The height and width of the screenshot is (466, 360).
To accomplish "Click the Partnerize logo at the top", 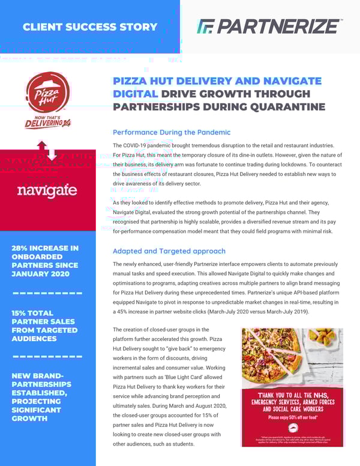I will [269, 26].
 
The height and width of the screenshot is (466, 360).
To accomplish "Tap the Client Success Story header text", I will [89, 27].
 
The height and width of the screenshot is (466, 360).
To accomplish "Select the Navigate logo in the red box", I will [47, 191].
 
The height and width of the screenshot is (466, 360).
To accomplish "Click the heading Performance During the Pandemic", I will [172, 132].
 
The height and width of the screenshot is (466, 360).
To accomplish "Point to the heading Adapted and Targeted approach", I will [169, 251].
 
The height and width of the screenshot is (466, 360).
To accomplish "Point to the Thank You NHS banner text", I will [292, 402].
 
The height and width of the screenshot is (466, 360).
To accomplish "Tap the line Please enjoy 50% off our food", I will [292, 416].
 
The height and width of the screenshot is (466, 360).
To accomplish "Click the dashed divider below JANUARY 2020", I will [47, 293].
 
